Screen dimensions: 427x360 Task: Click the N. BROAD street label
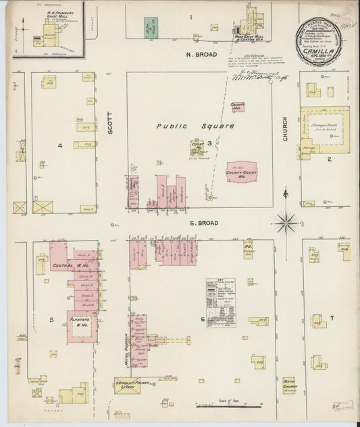[x=202, y=54]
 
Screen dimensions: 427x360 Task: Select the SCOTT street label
[x=109, y=123]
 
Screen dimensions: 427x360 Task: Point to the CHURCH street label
[x=285, y=128]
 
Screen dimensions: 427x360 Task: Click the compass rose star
[x=286, y=222]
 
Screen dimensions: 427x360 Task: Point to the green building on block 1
[x=151, y=28]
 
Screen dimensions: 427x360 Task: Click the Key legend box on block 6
[x=220, y=303]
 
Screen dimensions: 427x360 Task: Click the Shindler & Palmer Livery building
[x=127, y=384]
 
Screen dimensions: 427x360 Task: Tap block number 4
[x=60, y=145]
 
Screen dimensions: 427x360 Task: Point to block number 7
[x=331, y=318]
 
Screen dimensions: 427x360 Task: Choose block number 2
[x=329, y=159]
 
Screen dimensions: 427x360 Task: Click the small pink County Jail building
[x=237, y=107]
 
